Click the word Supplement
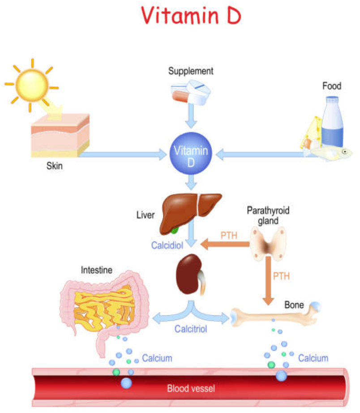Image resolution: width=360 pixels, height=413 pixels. pyautogui.click(x=191, y=71)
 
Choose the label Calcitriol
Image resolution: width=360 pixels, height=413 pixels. pyautogui.click(x=191, y=330)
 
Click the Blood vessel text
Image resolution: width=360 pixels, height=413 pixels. pyautogui.click(x=191, y=388)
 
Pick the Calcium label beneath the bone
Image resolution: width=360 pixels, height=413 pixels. pyautogui.click(x=313, y=358)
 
